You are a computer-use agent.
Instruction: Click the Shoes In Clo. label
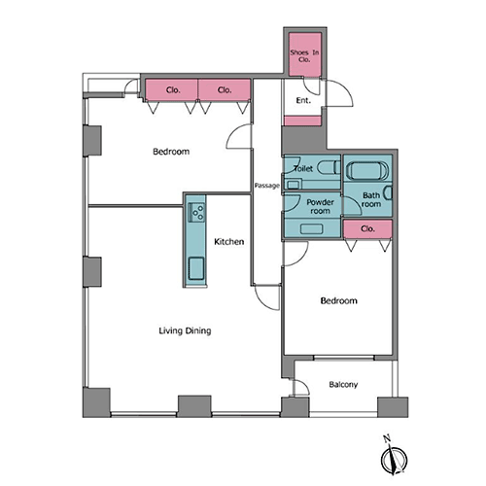coord(304,55)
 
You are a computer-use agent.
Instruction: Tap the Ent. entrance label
coord(303,101)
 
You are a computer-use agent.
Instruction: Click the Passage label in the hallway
coord(266,186)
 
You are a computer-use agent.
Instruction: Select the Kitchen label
coord(229,242)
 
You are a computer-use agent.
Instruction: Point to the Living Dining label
coord(185,330)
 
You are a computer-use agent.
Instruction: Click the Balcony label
coord(343,385)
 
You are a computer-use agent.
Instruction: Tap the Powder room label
coord(320,206)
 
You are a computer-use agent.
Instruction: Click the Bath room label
coord(371,199)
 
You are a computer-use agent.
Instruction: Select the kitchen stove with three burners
coord(196,212)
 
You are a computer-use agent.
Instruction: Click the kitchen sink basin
coord(196,268)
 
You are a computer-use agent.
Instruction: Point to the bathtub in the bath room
coord(367,170)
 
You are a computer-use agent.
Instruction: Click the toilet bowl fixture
coord(329,167)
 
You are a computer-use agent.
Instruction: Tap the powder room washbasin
coord(311,228)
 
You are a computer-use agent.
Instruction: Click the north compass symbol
coord(394,458)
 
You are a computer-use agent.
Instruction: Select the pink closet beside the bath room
coord(367,229)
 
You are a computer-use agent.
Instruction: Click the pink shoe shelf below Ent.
coord(302,121)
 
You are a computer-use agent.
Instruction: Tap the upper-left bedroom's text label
coord(171,152)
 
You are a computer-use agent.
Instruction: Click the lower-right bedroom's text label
coord(339,300)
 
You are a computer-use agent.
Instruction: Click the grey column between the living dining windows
coord(194,406)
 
